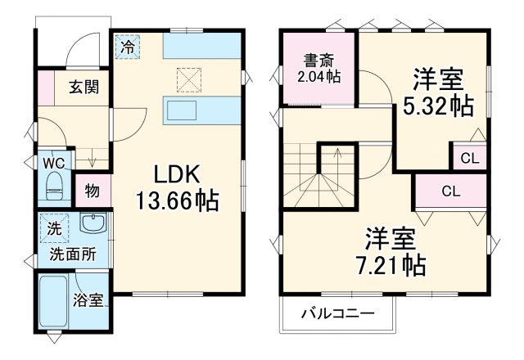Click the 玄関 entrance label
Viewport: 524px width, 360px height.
[84, 86]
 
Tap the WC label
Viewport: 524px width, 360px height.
[52, 162]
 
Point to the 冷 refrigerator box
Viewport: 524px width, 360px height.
[127, 47]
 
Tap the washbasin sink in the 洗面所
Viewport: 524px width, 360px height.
[93, 224]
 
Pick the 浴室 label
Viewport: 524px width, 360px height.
[88, 300]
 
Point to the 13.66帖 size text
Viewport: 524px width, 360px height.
[177, 200]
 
